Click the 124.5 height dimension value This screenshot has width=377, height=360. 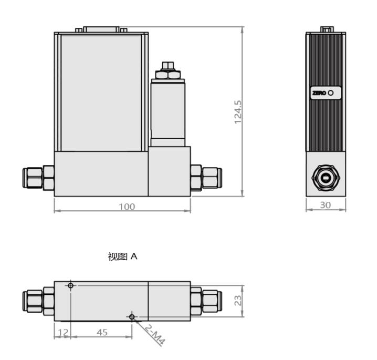[237, 112]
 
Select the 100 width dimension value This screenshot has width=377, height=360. [127, 207]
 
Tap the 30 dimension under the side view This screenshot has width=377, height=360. [326, 205]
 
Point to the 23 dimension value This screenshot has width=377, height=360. [238, 300]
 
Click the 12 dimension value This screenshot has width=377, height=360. [63, 332]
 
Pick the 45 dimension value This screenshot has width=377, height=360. [102, 332]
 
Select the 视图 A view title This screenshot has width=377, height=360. [123, 256]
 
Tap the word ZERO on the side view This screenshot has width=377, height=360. [319, 93]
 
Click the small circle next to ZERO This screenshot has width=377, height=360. [331, 92]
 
